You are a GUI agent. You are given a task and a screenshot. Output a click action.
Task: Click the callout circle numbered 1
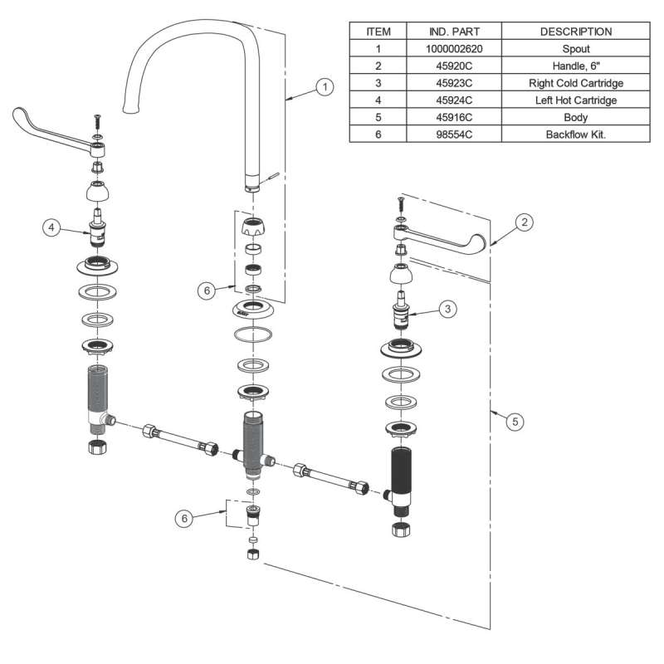[325, 87]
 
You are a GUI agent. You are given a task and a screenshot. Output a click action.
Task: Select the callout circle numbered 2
[523, 222]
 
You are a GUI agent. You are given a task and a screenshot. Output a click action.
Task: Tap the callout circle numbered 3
[447, 309]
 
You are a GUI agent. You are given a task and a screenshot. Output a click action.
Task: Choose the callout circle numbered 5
[515, 421]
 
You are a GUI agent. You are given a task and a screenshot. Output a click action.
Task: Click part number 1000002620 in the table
[454, 49]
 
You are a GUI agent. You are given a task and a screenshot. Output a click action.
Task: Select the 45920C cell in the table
[454, 66]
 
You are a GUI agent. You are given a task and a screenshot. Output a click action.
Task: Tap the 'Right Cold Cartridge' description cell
[575, 84]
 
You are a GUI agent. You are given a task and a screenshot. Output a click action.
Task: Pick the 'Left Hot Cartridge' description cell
[575, 100]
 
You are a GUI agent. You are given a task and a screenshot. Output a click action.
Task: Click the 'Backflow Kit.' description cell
[575, 134]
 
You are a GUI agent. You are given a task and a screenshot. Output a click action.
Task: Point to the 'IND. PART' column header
[454, 32]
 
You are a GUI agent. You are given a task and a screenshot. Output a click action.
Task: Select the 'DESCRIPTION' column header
[575, 32]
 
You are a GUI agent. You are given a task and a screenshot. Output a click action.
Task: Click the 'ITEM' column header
[378, 32]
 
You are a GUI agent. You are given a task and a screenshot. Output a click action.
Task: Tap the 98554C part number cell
[454, 134]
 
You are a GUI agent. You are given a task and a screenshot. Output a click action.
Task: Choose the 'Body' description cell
[575, 118]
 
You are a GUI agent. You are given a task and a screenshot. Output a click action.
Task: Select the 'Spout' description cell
[575, 49]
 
